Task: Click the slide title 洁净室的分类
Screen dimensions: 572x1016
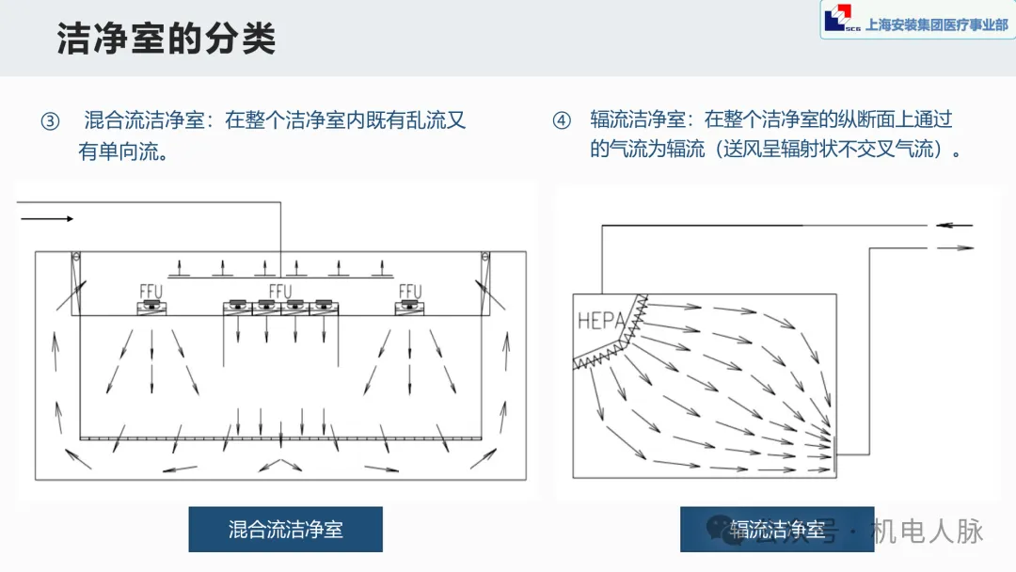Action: point(167,40)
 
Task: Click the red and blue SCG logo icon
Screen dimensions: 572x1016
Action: point(836,20)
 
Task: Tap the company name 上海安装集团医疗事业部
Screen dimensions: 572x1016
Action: point(936,25)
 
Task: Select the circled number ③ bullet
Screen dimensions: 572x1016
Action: point(49,121)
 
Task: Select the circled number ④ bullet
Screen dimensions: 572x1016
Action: point(562,121)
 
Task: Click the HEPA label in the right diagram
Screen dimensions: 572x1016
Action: point(600,320)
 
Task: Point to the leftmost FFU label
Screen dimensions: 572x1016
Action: point(150,292)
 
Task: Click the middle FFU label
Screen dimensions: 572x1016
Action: point(281,292)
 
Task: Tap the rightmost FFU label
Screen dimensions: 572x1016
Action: point(411,292)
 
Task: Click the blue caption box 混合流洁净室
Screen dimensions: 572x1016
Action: point(286,529)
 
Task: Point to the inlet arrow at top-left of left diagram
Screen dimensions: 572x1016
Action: point(47,218)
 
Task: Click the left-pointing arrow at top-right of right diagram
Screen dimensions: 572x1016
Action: point(954,226)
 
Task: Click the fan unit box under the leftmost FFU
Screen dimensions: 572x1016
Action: point(151,307)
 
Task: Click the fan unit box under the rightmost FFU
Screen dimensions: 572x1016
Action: point(411,307)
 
